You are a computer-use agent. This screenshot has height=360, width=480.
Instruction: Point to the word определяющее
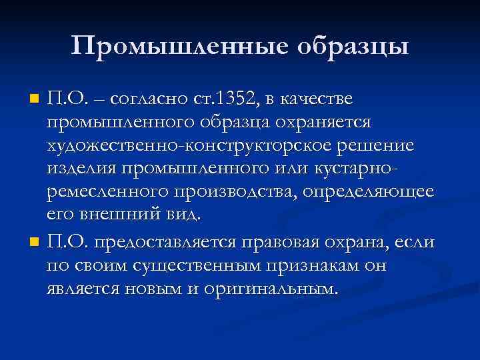[371, 193]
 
